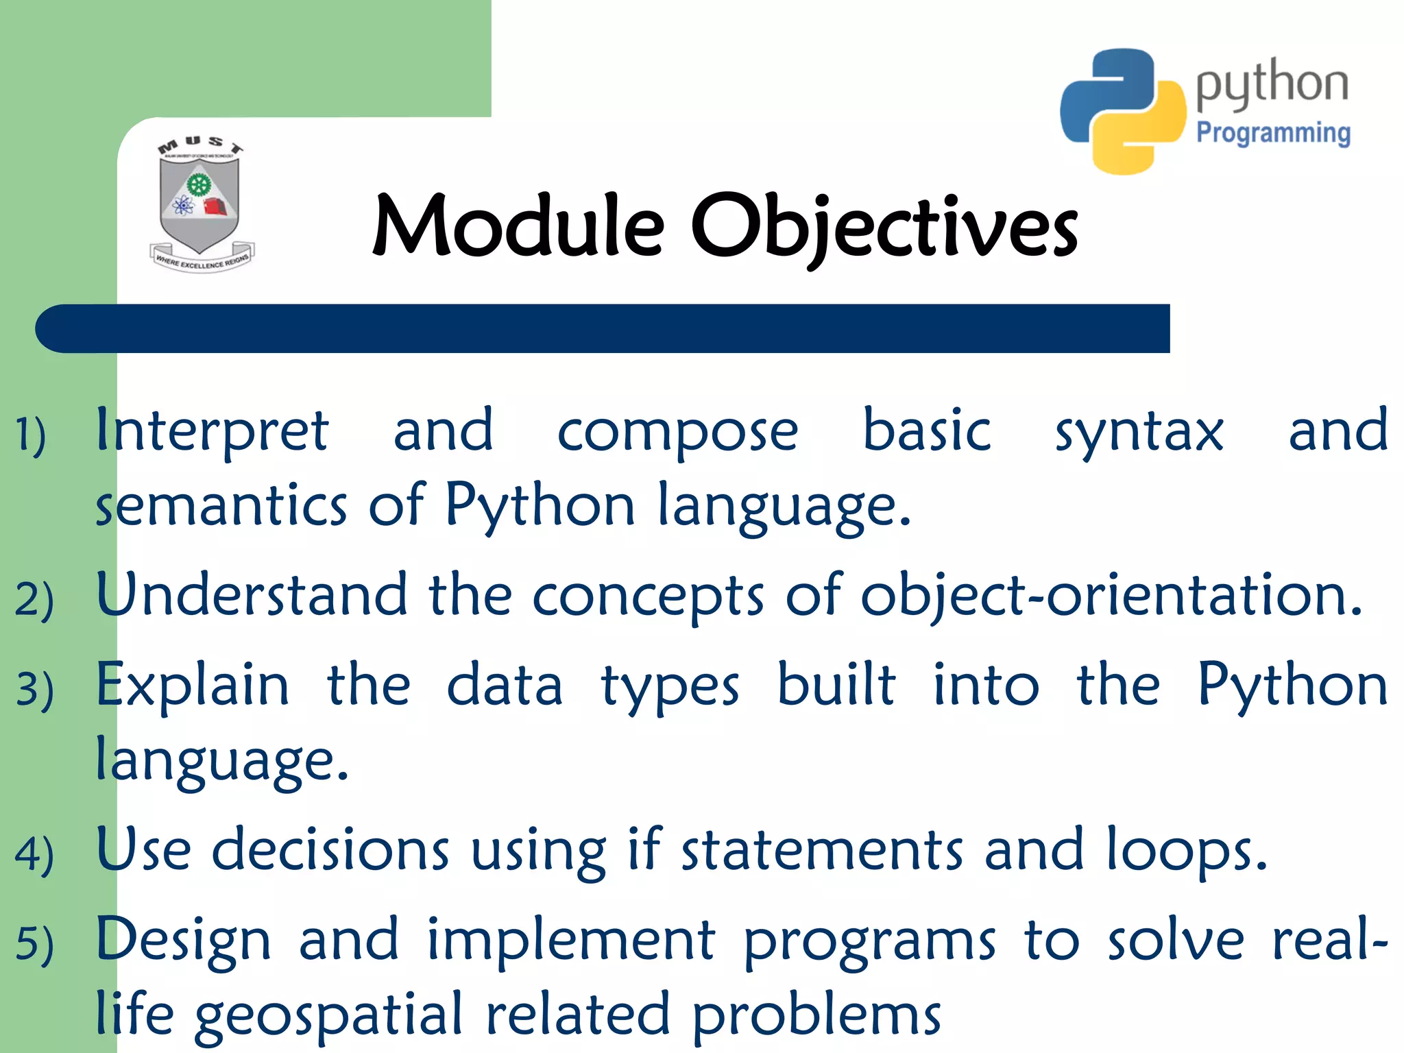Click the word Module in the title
pos(518,226)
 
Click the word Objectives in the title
pos(884,226)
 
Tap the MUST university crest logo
pos(200,206)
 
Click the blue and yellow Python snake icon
pos(1122,111)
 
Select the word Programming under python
pos(1273,132)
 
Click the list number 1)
pos(31,435)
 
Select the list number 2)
pos(34,598)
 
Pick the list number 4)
pos(34,854)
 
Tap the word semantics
pos(221,505)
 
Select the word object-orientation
pos(1111,595)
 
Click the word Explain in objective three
pos(192,686)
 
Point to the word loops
pos(1186,851)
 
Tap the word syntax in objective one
pos(1139,432)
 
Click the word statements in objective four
pos(823,850)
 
